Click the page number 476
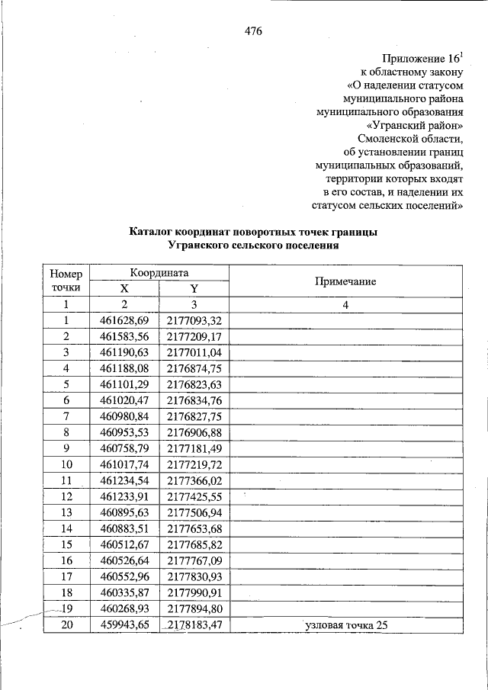253,30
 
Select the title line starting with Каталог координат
253,233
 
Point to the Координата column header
159,272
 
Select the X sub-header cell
124,289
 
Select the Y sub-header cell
194,289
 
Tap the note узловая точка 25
345,625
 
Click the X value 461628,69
124,319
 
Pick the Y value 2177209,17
194,335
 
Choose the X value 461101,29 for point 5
124,384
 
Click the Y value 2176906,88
194,432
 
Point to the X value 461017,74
124,464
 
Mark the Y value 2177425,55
194,496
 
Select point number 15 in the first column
66,544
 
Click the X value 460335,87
124,592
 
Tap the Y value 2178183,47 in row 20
194,625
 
